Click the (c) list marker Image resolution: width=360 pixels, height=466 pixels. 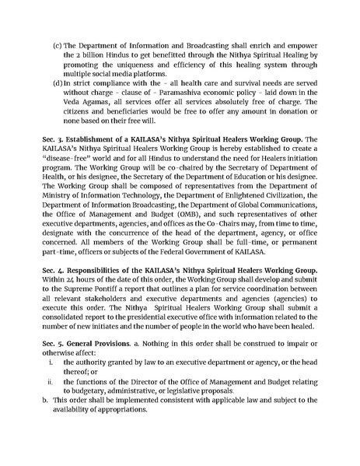57,37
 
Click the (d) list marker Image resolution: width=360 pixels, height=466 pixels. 57,80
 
